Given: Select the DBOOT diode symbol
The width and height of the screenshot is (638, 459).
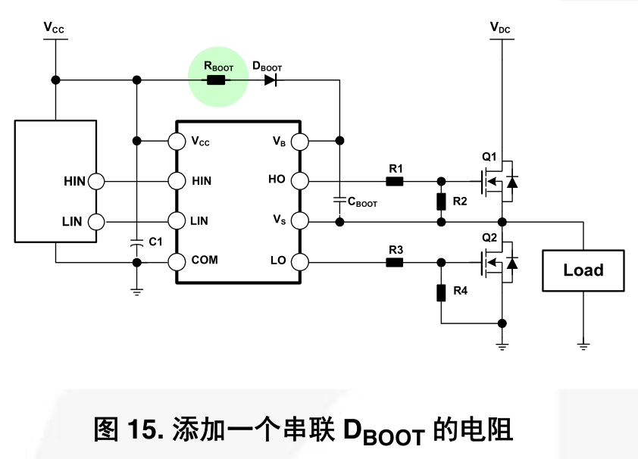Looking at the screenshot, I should click(271, 80).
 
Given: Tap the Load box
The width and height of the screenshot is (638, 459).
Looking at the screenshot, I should click(583, 270).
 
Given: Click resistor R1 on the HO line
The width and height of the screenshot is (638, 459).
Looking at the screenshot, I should click(395, 181).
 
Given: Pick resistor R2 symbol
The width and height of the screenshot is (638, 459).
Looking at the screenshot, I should click(441, 201).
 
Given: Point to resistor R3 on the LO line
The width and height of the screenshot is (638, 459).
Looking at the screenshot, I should click(395, 262).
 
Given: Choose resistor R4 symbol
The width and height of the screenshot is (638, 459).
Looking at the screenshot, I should click(441, 292).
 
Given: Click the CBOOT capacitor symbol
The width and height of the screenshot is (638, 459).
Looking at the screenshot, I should click(339, 201).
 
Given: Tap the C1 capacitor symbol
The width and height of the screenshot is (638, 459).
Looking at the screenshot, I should click(136, 242).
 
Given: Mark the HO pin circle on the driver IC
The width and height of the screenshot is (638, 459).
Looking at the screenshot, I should click(299, 181).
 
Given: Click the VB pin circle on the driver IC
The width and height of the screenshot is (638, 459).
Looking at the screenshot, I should click(299, 141).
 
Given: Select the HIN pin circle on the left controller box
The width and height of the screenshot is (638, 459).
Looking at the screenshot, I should click(96, 181).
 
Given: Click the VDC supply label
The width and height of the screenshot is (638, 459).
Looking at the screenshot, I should click(500, 28).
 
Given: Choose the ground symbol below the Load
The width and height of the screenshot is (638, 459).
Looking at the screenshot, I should click(583, 345).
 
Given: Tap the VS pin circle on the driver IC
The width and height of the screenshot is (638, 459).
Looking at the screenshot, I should click(299, 221).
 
